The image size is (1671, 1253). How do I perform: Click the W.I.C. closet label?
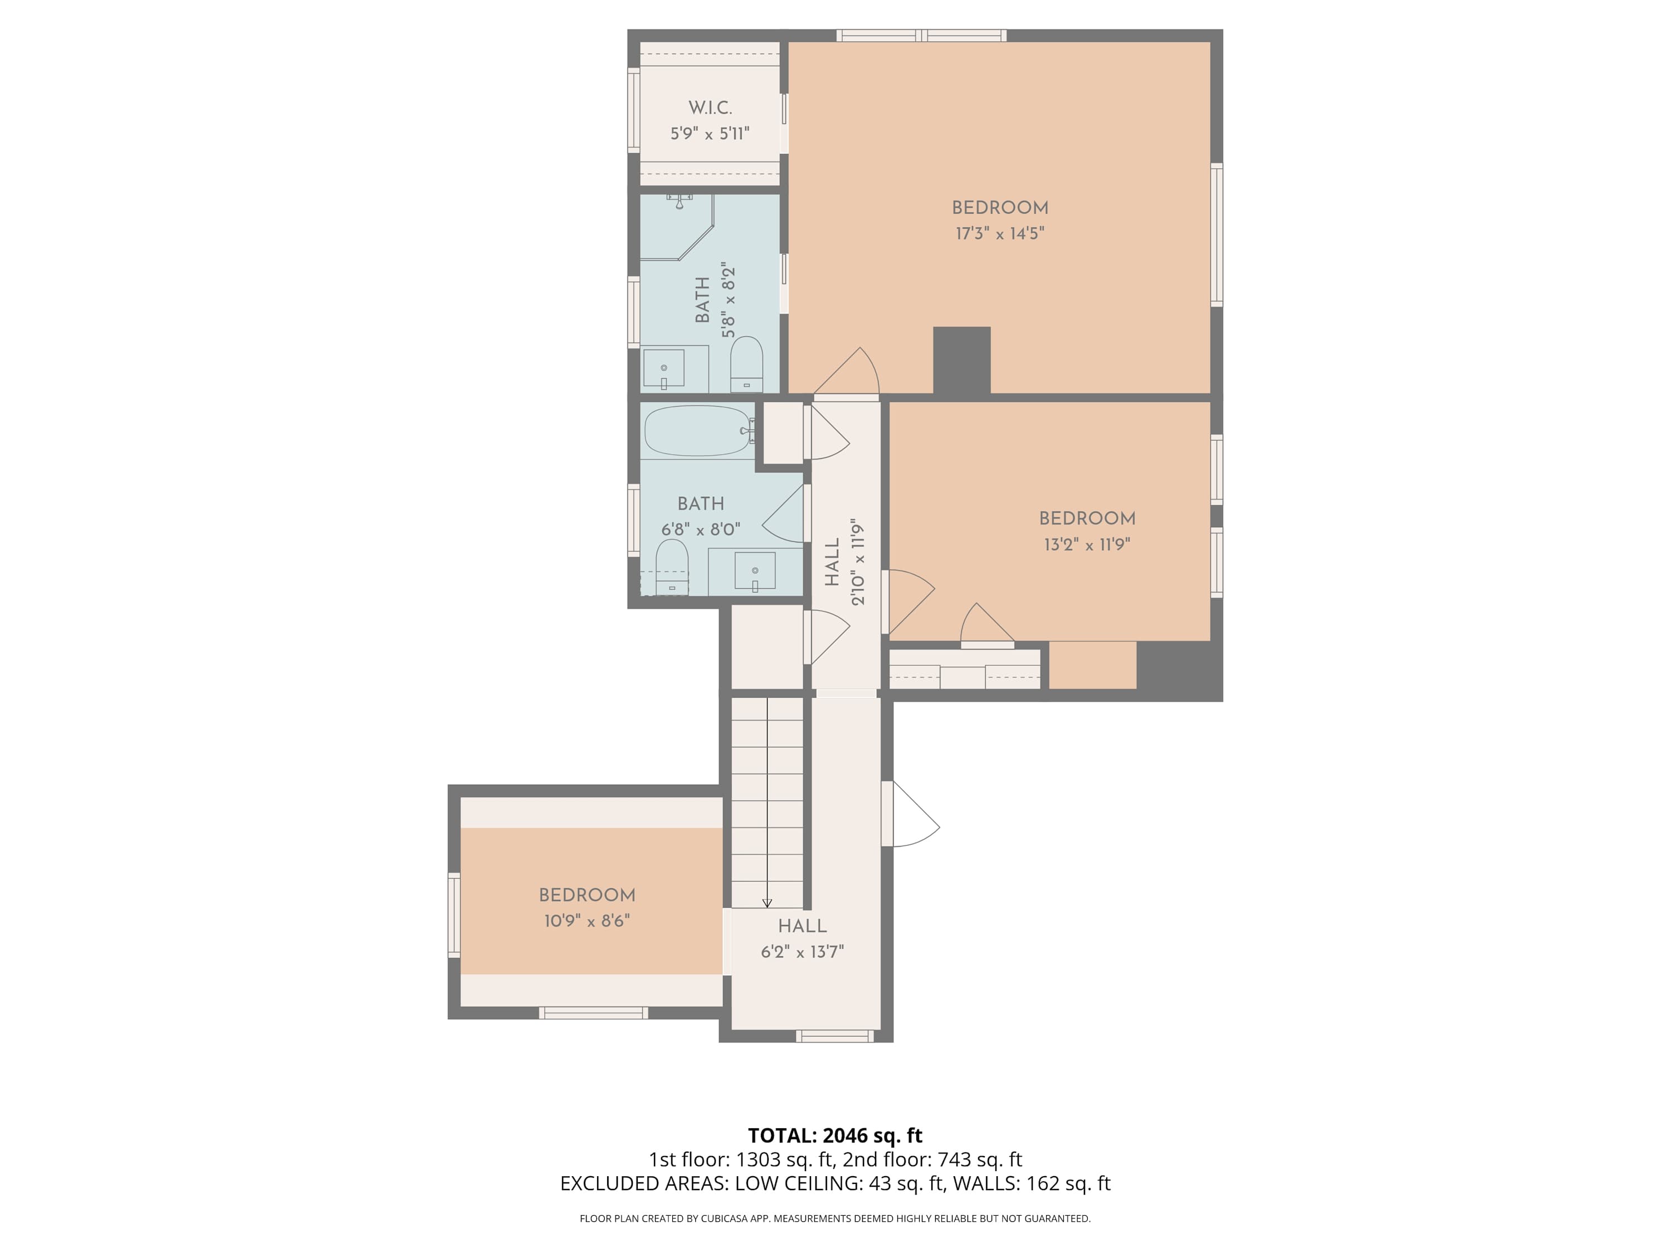pos(710,108)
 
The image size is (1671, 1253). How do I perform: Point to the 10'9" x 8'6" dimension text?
pos(587,921)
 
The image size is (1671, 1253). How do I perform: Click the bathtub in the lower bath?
pos(699,431)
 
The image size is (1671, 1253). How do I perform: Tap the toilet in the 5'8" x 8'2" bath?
pos(746,364)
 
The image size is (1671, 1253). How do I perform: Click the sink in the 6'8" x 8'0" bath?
pos(755,571)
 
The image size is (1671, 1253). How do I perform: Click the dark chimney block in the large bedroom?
pos(961,360)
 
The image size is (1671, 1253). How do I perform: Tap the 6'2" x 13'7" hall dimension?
pos(802,951)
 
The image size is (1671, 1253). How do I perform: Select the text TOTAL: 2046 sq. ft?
pos(835,1135)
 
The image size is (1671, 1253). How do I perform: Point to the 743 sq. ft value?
pos(980,1159)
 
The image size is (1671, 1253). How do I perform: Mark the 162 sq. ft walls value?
pos(1068,1183)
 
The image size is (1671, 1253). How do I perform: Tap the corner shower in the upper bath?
pos(677,227)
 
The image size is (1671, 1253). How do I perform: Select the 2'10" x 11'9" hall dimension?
pos(857,562)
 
